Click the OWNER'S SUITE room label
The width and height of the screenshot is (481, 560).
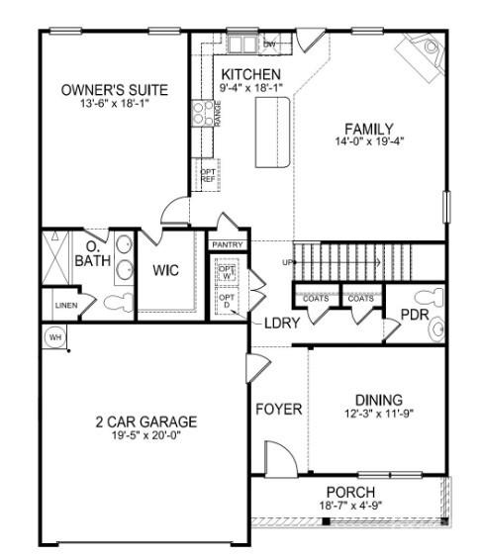[114, 90]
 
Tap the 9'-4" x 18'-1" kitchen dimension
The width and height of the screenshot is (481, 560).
[250, 88]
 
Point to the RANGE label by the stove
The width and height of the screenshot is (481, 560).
[217, 113]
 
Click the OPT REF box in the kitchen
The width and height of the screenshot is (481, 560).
[208, 175]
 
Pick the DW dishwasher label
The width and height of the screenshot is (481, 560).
[269, 44]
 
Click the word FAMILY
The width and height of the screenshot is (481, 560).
[368, 129]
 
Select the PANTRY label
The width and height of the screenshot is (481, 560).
[227, 243]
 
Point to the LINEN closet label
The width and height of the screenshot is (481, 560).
[66, 306]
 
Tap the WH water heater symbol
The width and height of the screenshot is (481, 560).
[53, 336]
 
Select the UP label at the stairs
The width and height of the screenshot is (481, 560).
[288, 262]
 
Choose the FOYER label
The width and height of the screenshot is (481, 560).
[278, 409]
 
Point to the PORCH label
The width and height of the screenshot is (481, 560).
[350, 493]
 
